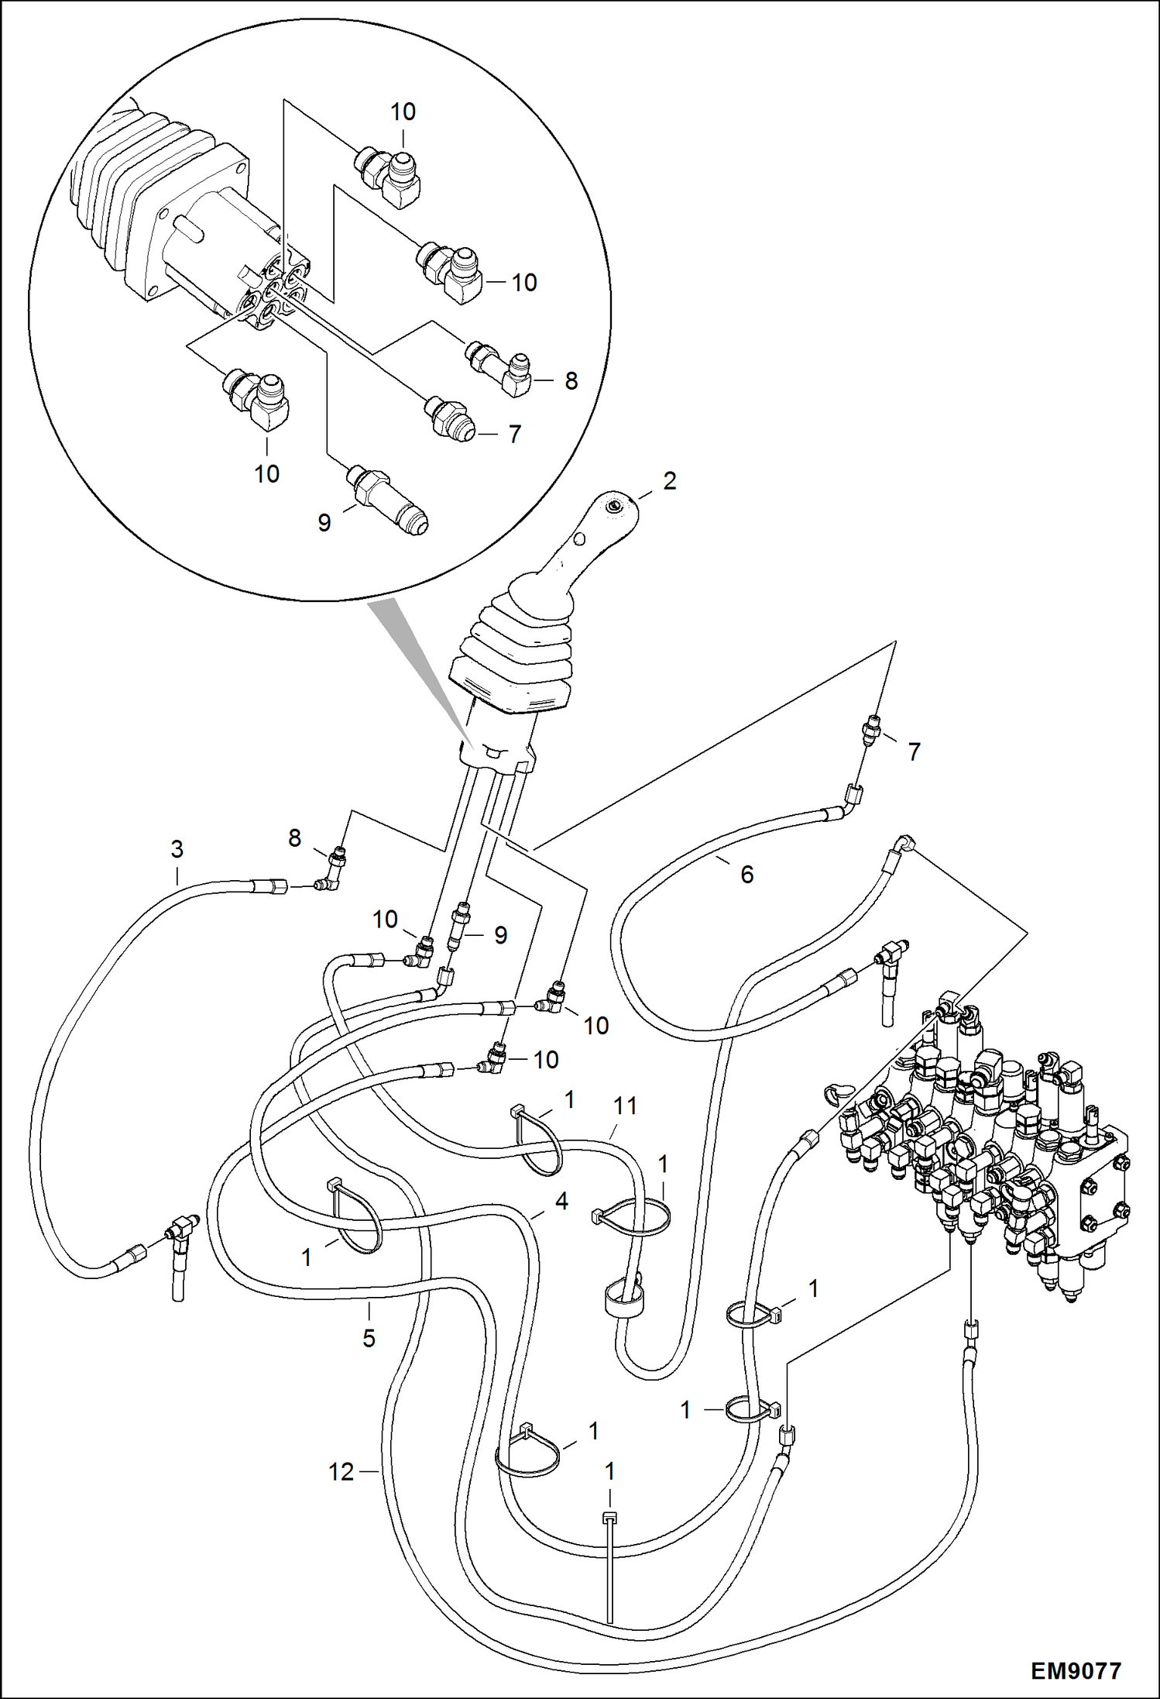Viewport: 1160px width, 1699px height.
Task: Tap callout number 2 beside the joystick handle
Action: pyautogui.click(x=669, y=481)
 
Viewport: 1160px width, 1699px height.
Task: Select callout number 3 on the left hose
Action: pyautogui.click(x=177, y=849)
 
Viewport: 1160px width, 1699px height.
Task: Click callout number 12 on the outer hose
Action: pyautogui.click(x=341, y=1471)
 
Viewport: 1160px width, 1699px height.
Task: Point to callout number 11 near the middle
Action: pyautogui.click(x=625, y=1106)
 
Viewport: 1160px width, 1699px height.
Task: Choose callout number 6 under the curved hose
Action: pyautogui.click(x=746, y=875)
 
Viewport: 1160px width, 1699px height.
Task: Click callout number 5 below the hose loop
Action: pyautogui.click(x=369, y=1338)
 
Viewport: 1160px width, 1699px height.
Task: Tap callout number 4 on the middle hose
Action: pyautogui.click(x=561, y=1201)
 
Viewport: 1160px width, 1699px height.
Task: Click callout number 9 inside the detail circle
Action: pyautogui.click(x=324, y=523)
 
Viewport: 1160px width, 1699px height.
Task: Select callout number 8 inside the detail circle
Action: pyautogui.click(x=571, y=380)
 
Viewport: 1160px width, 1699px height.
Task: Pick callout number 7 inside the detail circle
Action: pyautogui.click(x=514, y=434)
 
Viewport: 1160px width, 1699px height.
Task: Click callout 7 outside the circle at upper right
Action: pyautogui.click(x=914, y=751)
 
